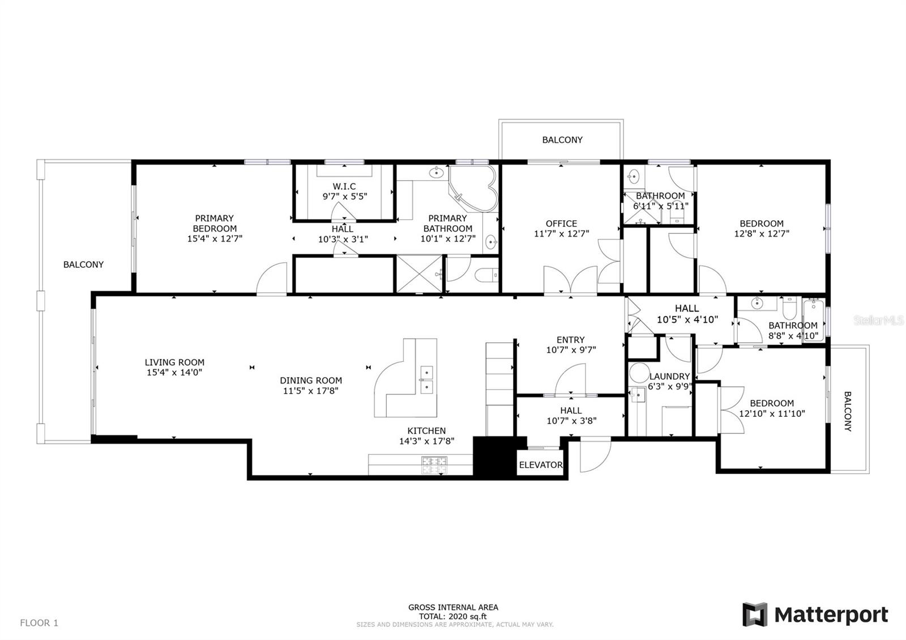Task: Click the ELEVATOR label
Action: coord(541,465)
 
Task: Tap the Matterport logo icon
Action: coord(755,615)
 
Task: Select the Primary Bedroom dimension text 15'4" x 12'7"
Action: coord(215,239)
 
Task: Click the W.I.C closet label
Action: coord(344,186)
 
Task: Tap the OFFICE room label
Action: coord(561,224)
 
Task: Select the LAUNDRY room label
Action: coord(669,377)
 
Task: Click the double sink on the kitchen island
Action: coord(426,380)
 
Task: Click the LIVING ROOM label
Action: coord(174,362)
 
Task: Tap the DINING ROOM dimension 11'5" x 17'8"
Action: coord(311,391)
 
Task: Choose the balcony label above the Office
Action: coord(562,140)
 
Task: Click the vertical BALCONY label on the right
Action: coord(848,411)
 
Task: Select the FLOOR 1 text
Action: coord(39,623)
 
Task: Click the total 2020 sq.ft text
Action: coord(453,617)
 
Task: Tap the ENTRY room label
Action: coord(570,340)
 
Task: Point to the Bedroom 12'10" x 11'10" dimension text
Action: coord(772,414)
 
